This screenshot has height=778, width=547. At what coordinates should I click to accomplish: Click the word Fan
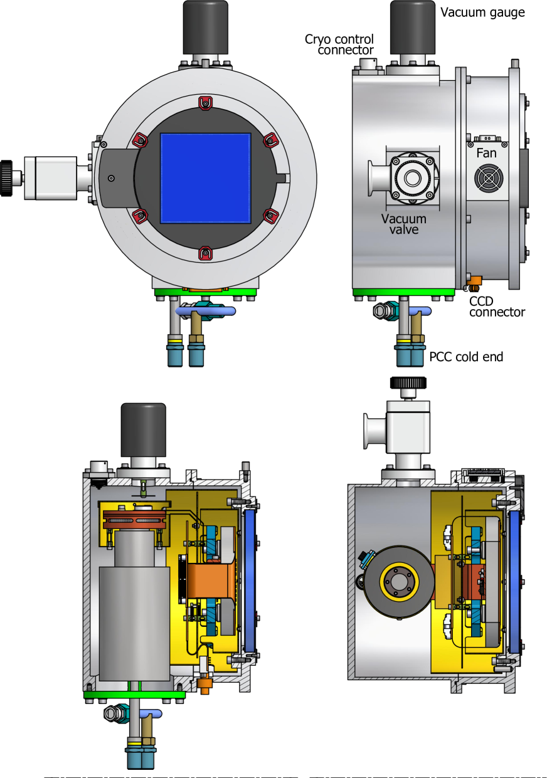click(x=486, y=153)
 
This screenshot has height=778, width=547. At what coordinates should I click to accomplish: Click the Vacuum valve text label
click(x=404, y=224)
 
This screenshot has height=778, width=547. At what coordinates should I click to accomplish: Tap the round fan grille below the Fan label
click(x=489, y=179)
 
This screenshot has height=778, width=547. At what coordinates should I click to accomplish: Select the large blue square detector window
click(x=206, y=177)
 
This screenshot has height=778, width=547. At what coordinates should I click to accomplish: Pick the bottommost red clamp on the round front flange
click(x=204, y=253)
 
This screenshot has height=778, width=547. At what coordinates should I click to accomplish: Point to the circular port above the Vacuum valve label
click(x=412, y=178)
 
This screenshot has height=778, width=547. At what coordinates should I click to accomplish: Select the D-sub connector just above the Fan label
click(x=486, y=138)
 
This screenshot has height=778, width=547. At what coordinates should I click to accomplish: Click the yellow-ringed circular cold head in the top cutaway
click(x=398, y=582)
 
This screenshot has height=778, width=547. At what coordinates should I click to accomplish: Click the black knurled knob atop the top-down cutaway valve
click(x=408, y=382)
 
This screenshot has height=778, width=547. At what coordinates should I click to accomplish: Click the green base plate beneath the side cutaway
click(x=134, y=694)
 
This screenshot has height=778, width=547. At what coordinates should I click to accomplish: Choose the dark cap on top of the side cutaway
click(x=143, y=430)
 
